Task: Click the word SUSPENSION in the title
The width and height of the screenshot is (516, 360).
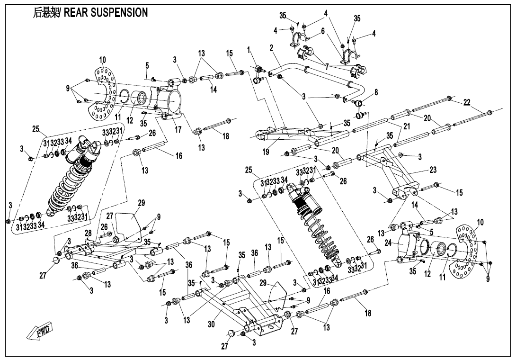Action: (118, 13)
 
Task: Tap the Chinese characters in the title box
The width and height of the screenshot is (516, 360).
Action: (44, 13)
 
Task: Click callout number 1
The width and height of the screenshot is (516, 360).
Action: (249, 49)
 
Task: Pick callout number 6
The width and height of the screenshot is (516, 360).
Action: (323, 31)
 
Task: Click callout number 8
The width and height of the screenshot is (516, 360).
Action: (376, 92)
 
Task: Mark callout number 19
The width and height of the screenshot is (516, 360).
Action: (267, 152)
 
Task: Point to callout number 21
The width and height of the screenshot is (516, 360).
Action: (406, 126)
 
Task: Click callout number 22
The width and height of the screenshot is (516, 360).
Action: (467, 102)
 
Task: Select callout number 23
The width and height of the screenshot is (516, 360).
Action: (433, 170)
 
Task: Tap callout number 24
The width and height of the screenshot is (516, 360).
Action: (388, 243)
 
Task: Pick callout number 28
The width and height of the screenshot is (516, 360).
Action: (89, 233)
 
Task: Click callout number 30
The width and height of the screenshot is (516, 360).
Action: (212, 324)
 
